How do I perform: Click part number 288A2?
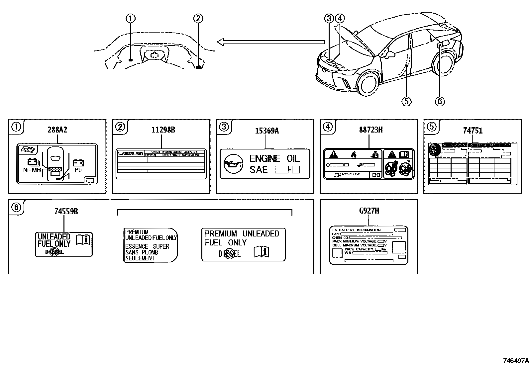click(x=57, y=130)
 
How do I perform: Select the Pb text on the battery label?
click(x=78, y=170)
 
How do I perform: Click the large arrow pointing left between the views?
click(x=270, y=42)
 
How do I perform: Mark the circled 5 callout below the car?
click(x=406, y=101)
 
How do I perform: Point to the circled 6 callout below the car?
click(x=439, y=101)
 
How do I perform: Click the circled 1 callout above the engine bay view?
click(x=130, y=19)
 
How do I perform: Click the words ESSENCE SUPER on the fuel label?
click(x=147, y=246)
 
